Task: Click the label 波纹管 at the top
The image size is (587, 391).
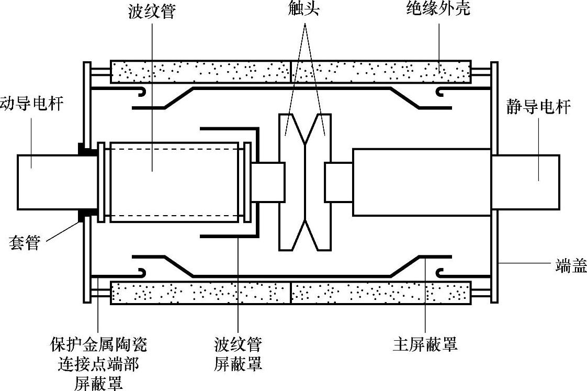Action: [151, 11]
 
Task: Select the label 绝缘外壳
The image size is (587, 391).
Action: [438, 9]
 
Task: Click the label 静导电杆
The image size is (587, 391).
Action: [538, 107]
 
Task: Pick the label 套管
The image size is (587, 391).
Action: [25, 243]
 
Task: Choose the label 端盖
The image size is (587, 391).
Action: [571, 267]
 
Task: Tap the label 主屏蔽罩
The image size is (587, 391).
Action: [425, 344]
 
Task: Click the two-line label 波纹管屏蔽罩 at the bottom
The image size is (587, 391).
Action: [238, 354]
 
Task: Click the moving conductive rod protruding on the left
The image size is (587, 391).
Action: [47, 181]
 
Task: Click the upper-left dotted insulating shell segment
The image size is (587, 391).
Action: [200, 71]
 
